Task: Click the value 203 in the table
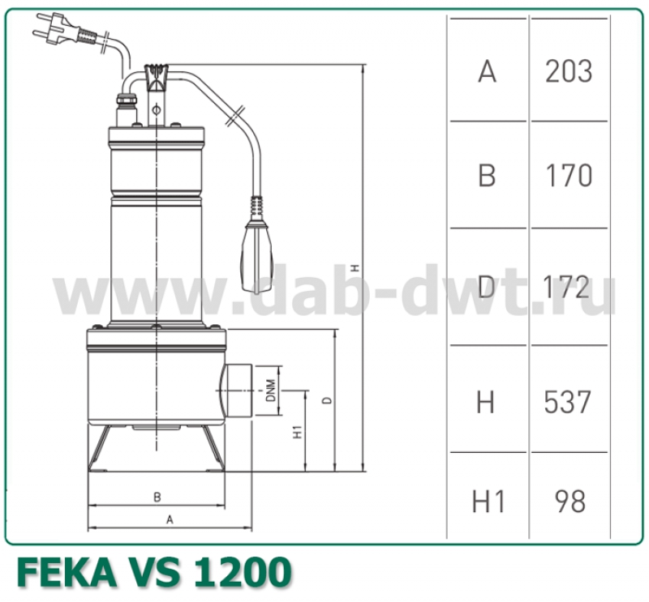click(x=569, y=72)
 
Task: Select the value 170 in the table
click(x=569, y=176)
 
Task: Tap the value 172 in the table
click(x=569, y=286)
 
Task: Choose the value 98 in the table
click(x=569, y=502)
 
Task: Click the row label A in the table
click(x=487, y=72)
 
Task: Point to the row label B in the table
click(x=487, y=176)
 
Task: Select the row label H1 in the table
click(x=488, y=502)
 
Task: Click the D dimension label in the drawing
click(x=326, y=400)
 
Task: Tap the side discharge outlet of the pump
click(x=237, y=391)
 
